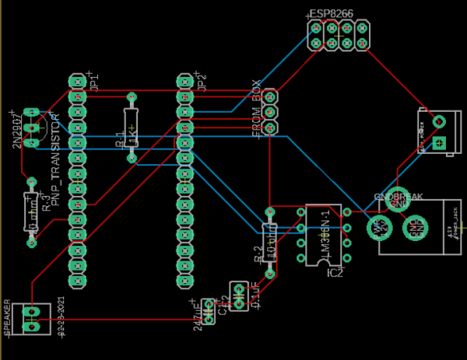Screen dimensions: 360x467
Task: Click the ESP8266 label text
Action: pyautogui.click(x=331, y=14)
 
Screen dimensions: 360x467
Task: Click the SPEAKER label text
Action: pyautogui.click(x=8, y=319)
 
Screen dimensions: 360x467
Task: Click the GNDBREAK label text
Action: pyautogui.click(x=398, y=197)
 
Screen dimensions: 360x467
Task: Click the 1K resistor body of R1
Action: pyautogui.click(x=131, y=128)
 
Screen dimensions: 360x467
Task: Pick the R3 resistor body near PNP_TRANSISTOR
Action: pyautogui.click(x=32, y=211)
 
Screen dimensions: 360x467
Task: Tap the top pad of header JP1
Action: pyautogui.click(x=76, y=82)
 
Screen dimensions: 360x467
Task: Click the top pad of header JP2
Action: pyautogui.click(x=184, y=82)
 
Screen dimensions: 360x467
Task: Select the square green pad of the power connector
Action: pyautogui.click(x=439, y=142)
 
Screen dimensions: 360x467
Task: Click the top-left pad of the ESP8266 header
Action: pyautogui.click(x=316, y=29)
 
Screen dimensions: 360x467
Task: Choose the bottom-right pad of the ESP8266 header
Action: pyautogui.click(x=363, y=44)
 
